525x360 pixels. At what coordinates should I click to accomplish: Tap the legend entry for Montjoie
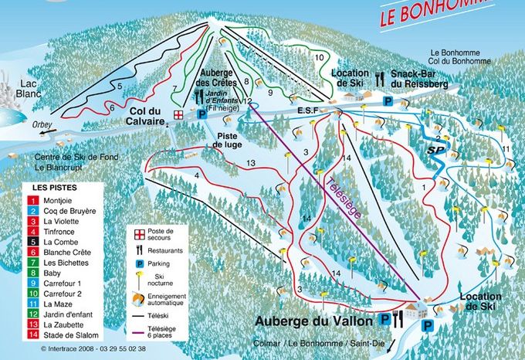(61, 200)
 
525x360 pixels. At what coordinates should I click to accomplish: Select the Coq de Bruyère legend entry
(69, 210)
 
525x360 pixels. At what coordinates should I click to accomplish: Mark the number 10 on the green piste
(319, 57)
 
